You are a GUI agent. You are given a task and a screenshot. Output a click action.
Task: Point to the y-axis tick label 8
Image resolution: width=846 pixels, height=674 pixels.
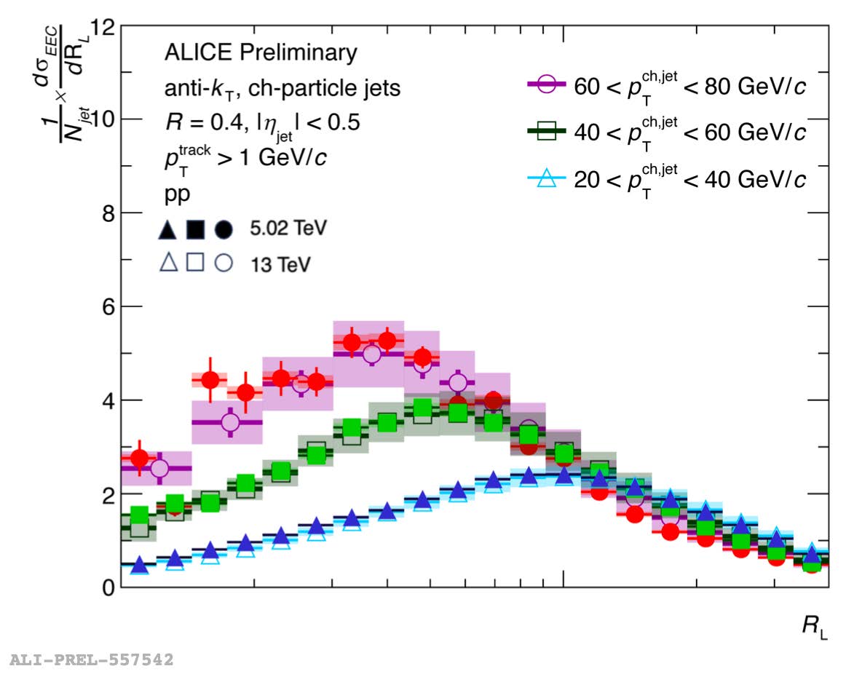tap(107, 213)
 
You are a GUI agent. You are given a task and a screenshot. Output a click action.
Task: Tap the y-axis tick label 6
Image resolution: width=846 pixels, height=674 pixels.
tap(107, 307)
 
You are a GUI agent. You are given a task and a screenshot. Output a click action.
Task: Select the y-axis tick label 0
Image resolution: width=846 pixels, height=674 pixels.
tap(107, 587)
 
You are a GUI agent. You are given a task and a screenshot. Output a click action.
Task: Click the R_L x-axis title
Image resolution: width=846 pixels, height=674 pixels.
tap(815, 627)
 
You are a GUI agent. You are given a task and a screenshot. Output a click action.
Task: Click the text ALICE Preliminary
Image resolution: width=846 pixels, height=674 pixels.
tap(261, 53)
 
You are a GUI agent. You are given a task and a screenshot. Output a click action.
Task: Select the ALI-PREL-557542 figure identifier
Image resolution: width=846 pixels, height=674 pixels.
tap(91, 660)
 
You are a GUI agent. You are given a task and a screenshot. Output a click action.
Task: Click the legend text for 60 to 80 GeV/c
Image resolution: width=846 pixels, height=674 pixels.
tap(690, 86)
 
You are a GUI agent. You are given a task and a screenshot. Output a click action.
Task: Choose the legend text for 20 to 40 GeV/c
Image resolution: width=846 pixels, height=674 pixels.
tap(690, 178)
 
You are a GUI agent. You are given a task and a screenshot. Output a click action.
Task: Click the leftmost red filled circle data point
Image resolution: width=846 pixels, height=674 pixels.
tap(139, 459)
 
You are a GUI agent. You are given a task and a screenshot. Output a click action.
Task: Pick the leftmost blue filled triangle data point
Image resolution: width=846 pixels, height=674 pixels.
tap(139, 566)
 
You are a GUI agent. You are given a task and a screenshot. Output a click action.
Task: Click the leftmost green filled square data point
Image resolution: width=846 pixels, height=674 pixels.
tap(139, 515)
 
